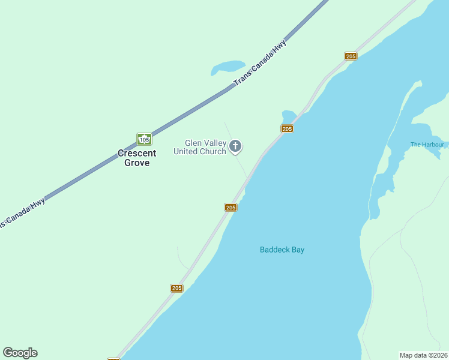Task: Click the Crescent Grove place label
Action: [137, 158]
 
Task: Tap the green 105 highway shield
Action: [144, 139]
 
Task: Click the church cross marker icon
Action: [236, 146]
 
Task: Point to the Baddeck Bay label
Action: [282, 250]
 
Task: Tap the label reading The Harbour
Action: [427, 145]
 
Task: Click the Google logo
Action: [20, 353]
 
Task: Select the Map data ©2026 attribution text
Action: [423, 355]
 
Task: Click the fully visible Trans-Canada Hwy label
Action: [260, 62]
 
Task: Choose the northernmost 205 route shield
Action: [351, 56]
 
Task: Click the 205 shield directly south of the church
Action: [231, 207]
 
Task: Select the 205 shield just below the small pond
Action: [287, 129]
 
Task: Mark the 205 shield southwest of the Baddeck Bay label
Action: [176, 288]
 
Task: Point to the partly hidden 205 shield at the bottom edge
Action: [113, 358]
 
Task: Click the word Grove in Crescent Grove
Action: [137, 163]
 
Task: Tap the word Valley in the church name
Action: [214, 143]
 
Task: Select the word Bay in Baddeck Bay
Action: [298, 250]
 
